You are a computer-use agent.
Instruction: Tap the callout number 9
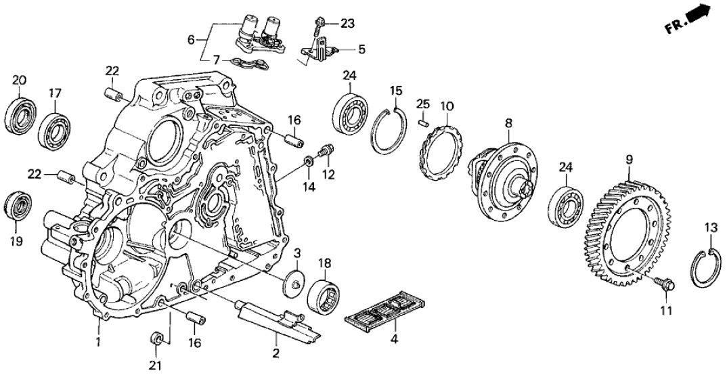[629, 160]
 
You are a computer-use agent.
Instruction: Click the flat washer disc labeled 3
[294, 282]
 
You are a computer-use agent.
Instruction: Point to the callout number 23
[347, 24]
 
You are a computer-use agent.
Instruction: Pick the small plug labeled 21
[156, 336]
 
